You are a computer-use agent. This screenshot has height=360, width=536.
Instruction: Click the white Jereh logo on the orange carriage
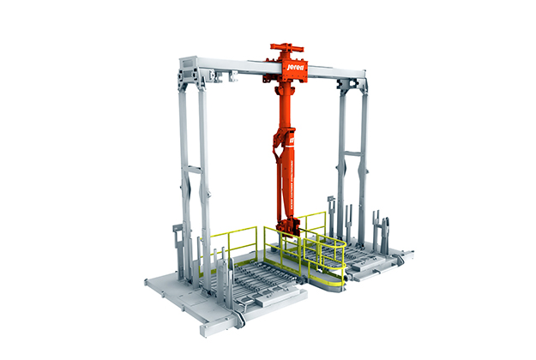coord(295,68)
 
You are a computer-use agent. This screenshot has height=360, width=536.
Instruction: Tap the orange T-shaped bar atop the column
coord(286,47)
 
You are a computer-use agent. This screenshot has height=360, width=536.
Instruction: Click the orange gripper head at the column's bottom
coord(288,225)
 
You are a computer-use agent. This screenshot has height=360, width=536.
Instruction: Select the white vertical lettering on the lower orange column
coord(291,184)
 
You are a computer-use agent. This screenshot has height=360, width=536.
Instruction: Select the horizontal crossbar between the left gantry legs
coord(194,169)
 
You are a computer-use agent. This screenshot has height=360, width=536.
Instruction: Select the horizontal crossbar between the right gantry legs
coord(352,153)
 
